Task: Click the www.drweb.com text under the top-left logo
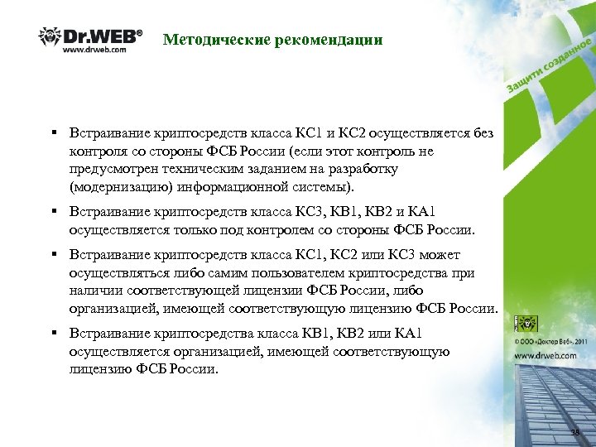pyautogui.click(x=95, y=50)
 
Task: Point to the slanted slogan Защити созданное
pyautogui.click(x=547, y=65)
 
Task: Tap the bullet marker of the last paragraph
pyautogui.click(x=52, y=334)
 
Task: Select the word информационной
pyautogui.click(x=249, y=186)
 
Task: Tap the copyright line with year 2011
pyautogui.click(x=551, y=340)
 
